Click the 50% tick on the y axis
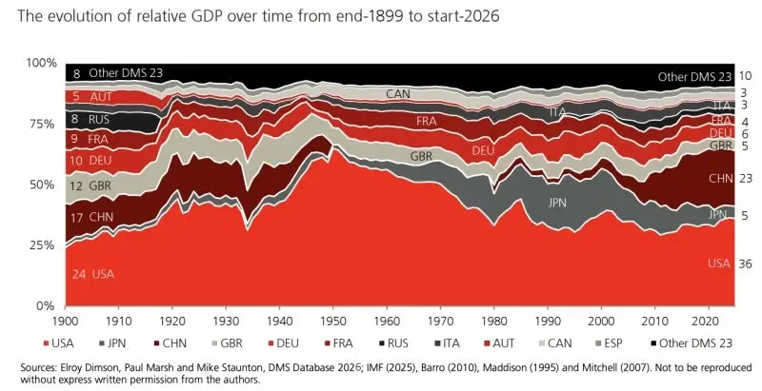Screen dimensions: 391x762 point(43,185)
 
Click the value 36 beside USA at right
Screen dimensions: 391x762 point(746,264)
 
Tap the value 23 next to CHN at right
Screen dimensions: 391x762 point(746,178)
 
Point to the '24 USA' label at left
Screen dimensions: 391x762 point(92,274)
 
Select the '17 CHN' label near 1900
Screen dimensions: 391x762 point(92,218)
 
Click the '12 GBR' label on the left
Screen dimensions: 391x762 point(92,186)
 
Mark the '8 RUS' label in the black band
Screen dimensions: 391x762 point(92,120)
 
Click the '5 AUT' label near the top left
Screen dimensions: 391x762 point(92,96)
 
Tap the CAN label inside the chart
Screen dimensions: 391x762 point(398,94)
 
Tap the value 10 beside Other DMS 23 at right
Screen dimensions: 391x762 point(746,76)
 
